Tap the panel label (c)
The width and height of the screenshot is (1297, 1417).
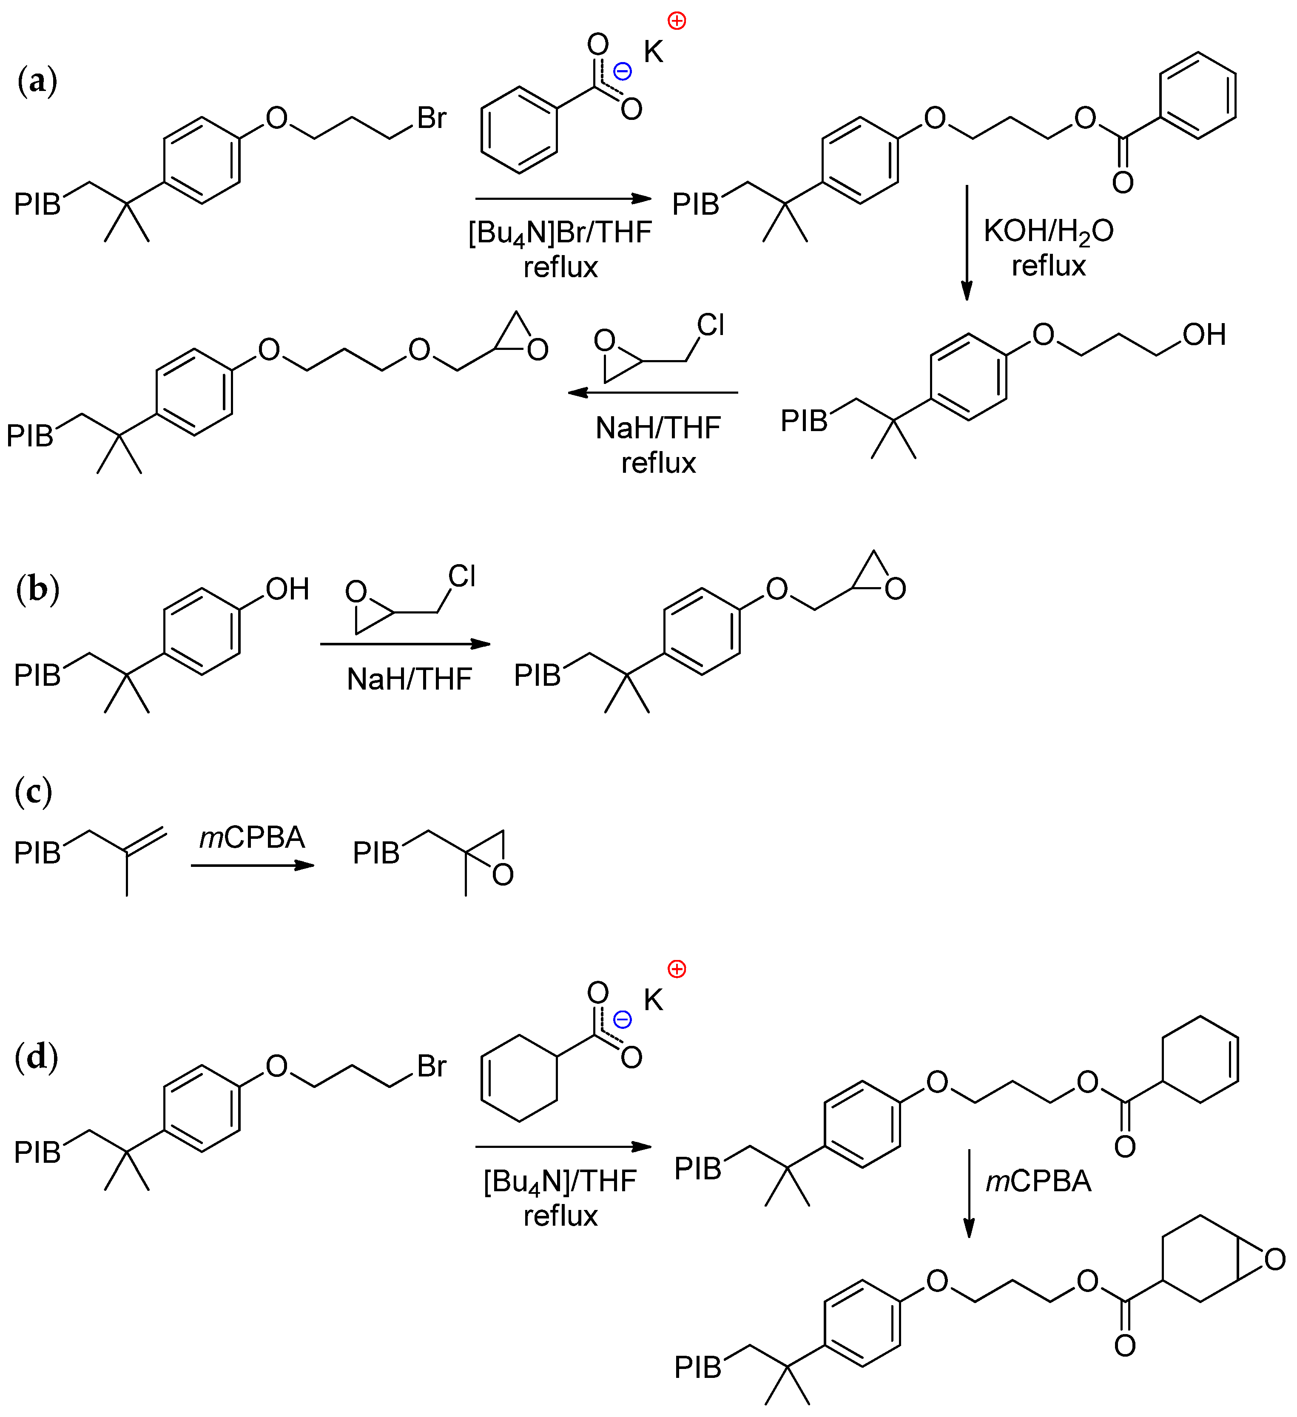pos(33,792)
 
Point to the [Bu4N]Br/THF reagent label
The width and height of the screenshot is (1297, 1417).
pos(560,233)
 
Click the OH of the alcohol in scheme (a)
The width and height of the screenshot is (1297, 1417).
pos(1204,335)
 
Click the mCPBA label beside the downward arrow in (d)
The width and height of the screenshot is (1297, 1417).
pos(1038,1181)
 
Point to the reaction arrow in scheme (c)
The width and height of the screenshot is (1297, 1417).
pos(252,865)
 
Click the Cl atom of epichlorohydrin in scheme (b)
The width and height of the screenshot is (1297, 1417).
pos(462,576)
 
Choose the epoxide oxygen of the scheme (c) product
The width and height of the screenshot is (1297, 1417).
pos(503,875)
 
